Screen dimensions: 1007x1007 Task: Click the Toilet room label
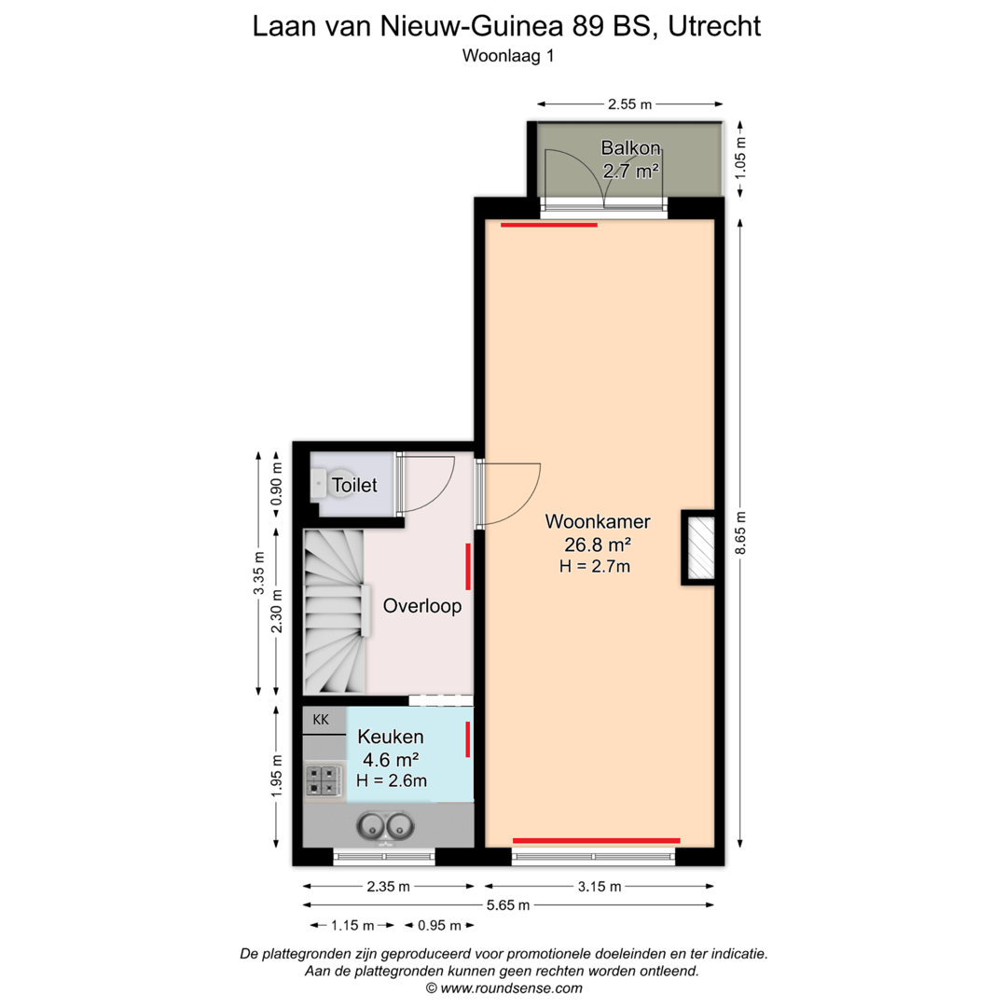354,485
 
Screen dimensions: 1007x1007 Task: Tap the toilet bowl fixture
319,484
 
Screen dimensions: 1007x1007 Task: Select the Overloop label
422,606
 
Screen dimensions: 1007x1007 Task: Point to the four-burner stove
323,780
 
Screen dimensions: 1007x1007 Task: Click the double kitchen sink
385,825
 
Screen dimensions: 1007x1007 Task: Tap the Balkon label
630,148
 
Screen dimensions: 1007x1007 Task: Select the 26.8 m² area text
598,545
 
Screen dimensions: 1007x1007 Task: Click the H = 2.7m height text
595,567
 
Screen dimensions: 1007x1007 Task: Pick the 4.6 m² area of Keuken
391,760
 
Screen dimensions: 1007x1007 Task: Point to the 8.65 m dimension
740,533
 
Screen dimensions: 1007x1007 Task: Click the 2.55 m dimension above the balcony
630,104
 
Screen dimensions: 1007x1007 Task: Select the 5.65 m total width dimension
508,905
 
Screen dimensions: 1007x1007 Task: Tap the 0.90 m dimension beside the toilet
276,483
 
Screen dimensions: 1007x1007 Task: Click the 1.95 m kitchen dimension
276,775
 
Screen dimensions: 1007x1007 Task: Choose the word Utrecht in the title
714,26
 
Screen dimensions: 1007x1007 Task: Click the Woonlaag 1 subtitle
508,56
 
